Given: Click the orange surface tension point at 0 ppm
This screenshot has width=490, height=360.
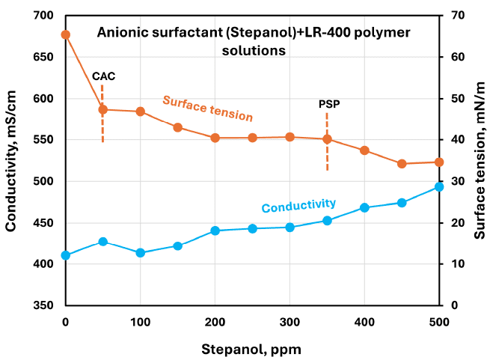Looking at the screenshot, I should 66,34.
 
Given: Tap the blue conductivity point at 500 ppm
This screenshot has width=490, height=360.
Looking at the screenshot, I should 439,187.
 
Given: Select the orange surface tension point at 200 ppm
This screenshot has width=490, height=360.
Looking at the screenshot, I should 215,138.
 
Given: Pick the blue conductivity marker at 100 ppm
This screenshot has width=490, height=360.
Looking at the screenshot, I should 140,253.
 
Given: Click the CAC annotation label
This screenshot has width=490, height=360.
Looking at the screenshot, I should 104,76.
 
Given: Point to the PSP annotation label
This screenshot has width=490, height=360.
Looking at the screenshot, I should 328,104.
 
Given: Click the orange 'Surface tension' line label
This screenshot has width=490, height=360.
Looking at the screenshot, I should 208,109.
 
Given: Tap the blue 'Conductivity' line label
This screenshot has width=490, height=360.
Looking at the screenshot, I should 298,204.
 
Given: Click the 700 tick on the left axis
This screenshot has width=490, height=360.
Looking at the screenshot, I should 45,16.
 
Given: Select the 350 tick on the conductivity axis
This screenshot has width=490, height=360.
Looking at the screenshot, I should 45,306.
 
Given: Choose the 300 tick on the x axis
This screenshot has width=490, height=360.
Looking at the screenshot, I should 290,322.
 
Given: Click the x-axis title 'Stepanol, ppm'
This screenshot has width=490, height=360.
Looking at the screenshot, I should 252,349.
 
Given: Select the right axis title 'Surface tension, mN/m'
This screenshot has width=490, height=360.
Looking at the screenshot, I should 479,159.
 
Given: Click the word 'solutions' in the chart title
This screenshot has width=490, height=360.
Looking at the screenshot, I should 254,52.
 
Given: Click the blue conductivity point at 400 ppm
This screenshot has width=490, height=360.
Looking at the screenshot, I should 364,207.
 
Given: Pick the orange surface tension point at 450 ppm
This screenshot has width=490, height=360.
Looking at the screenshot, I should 402,163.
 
